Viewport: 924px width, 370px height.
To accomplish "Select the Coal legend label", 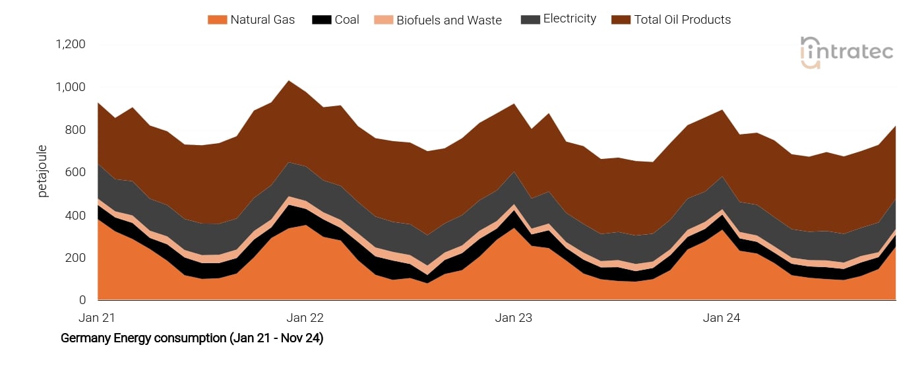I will coord(347,20).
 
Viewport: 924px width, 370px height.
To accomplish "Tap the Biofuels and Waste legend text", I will coord(448,20).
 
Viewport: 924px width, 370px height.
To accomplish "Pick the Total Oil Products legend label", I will coord(682,20).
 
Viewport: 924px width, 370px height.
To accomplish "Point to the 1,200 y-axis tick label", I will coord(71,45).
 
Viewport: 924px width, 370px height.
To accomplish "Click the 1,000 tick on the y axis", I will coord(71,88).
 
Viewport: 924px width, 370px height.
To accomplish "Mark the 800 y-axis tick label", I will coord(76,130).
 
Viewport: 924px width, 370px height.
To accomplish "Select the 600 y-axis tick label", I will coord(76,173).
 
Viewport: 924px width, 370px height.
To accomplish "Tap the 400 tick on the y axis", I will coord(76,216).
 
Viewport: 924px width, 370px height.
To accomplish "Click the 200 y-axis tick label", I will coord(76,258).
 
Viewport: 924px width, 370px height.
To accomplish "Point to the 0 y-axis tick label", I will coord(82,301).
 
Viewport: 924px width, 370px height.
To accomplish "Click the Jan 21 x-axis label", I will coord(97,318).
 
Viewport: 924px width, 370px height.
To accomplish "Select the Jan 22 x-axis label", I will coord(305,318).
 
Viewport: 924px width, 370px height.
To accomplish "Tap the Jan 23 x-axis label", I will coord(514,318).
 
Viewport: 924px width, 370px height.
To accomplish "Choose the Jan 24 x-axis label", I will coord(722,318).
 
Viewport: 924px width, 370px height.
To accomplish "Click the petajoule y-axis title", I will coord(43,171).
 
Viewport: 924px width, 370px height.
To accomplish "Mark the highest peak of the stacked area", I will coord(288,81).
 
